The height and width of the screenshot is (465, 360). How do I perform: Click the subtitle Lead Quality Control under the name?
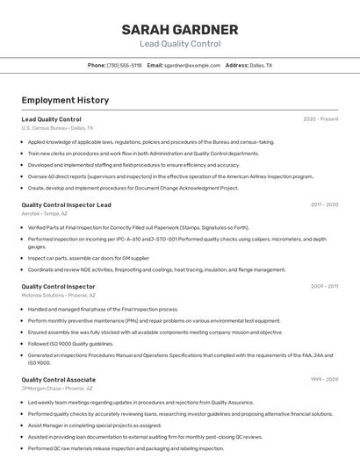[x=180, y=43]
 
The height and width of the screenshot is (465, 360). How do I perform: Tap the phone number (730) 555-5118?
[x=125, y=65]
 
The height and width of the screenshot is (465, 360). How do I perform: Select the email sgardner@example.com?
[x=192, y=65]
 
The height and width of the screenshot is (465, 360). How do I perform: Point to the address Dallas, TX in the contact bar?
[x=261, y=65]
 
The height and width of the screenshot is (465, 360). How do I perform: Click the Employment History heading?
[x=65, y=100]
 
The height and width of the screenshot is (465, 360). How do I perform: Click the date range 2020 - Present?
[x=320, y=118]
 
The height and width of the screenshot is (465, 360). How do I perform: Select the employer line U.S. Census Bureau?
[x=57, y=127]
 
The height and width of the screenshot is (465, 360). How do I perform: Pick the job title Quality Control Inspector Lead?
[x=66, y=204]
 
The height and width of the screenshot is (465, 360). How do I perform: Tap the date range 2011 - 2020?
[x=324, y=204]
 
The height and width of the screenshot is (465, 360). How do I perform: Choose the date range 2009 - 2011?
[x=324, y=286]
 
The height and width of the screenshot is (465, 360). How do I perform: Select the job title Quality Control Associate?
[x=58, y=379]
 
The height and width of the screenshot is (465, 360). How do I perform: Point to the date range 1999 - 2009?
[x=324, y=379]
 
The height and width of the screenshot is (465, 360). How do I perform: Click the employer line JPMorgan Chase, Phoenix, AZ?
[x=58, y=388]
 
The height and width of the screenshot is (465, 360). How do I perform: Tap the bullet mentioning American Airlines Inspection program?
[x=170, y=175]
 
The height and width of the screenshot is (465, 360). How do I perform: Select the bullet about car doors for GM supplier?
[x=88, y=258]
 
